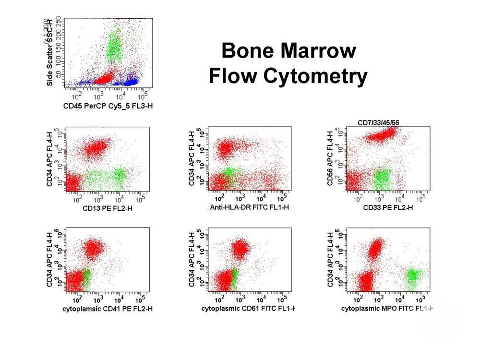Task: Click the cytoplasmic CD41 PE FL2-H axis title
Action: click(x=108, y=309)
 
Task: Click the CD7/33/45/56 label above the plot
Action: click(x=378, y=123)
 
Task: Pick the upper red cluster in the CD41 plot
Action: click(x=95, y=248)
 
